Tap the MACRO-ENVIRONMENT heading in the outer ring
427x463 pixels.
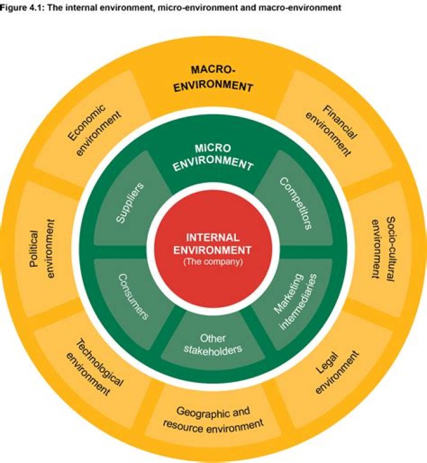213,78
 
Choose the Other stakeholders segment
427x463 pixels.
212,343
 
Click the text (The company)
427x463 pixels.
213,261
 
